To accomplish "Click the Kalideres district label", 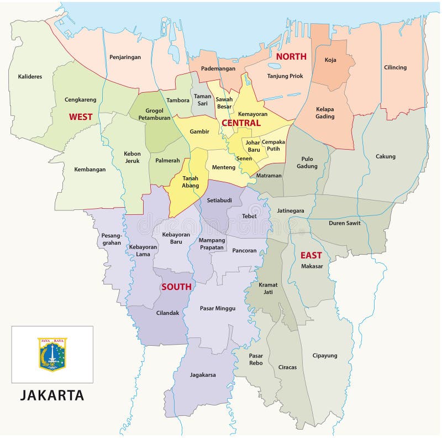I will coord(30,76).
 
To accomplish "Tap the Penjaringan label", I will coord(125,57).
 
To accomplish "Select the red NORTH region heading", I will coord(291,56).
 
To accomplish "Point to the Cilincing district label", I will coord(395,67).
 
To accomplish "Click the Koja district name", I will coord(330,60).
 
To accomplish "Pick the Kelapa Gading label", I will coord(325,113).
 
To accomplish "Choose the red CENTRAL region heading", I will coord(241,123).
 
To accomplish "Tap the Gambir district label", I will coord(199,131).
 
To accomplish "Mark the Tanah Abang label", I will coord(190,182).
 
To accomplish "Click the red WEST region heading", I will coord(81,117).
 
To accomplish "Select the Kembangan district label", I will coord(90,169).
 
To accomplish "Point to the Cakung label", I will coord(385,156).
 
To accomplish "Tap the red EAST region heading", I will coord(311,255).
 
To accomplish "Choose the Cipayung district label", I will coord(325,355).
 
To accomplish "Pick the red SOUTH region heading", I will coord(176,287).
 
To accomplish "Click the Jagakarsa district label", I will coord(203,374).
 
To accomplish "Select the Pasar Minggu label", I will coord(218,308).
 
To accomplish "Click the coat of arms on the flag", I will coord(52,354).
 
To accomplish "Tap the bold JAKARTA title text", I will coord(52,395).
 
